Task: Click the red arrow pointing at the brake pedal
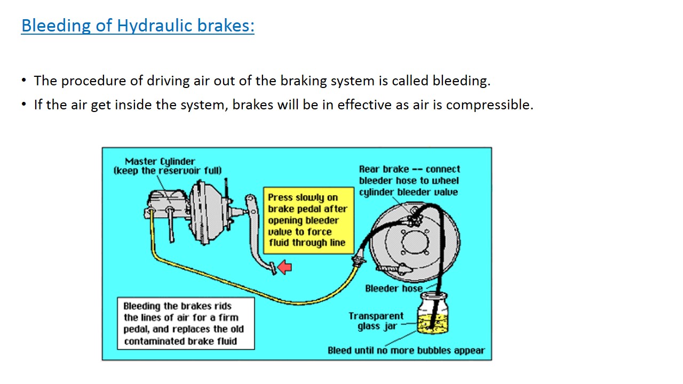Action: coord(285,267)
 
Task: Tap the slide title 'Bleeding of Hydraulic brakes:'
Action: coord(138,26)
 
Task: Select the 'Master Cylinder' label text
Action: coord(160,161)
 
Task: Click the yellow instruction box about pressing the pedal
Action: coord(308,220)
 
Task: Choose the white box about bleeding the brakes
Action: coord(186,324)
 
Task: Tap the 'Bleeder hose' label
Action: coord(393,289)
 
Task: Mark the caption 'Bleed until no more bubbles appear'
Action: coord(406,350)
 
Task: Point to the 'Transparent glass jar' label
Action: coord(376,321)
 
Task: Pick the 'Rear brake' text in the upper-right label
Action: coord(384,169)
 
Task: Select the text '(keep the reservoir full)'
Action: coord(168,171)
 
